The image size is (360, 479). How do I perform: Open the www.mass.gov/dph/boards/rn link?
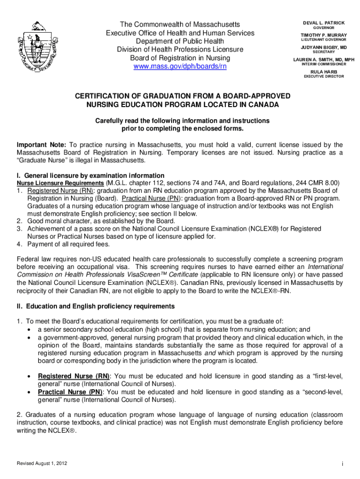[180, 66]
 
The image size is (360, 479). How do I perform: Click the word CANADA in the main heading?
[262, 104]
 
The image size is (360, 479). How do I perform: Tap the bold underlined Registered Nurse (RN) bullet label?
[73, 376]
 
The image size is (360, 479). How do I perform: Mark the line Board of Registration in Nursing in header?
[180, 58]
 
